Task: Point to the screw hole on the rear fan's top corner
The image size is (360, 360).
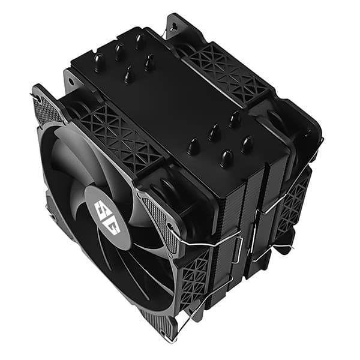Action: click(173, 26)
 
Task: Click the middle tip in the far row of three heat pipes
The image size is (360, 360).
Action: click(120, 52)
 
